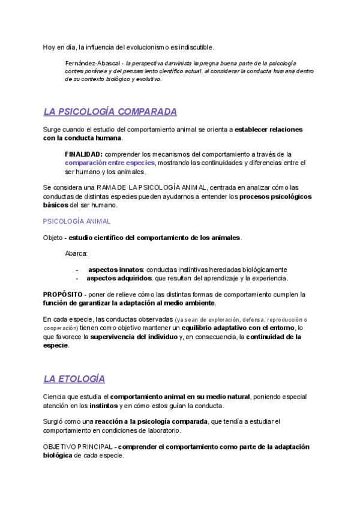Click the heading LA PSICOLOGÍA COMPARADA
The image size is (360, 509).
110,112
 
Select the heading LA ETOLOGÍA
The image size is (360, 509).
74,379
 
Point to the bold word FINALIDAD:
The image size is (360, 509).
83,154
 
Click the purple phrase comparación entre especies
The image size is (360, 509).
110,163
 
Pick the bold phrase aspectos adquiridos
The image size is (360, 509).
119,279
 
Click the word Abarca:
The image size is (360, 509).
76,253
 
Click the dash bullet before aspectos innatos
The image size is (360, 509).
77,270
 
